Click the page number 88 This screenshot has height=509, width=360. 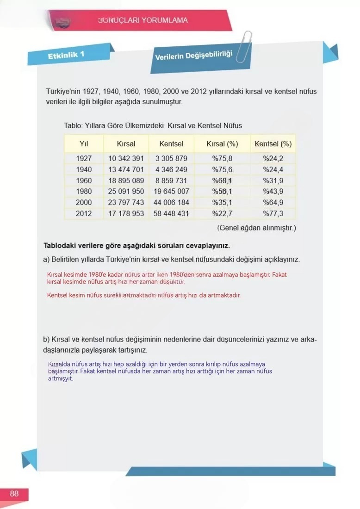(14, 494)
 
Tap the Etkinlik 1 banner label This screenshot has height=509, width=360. (66, 56)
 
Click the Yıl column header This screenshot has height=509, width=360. (84, 144)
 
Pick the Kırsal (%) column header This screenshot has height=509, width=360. (222, 144)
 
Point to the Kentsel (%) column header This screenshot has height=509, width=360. (273, 144)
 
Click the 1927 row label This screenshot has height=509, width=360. (84, 159)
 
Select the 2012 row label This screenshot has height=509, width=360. (84, 214)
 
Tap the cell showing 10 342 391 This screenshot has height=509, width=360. (126, 159)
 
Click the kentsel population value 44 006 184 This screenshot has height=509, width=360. (171, 203)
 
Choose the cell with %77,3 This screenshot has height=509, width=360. (273, 214)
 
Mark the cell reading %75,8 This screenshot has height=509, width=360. (222, 159)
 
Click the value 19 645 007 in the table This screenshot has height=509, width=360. (171, 192)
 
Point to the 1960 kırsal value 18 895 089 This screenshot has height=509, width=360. (126, 180)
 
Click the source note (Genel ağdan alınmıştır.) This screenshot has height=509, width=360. (256, 228)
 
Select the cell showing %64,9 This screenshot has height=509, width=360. (273, 203)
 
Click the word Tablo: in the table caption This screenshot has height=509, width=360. (73, 126)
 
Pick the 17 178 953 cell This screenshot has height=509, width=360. (126, 214)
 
